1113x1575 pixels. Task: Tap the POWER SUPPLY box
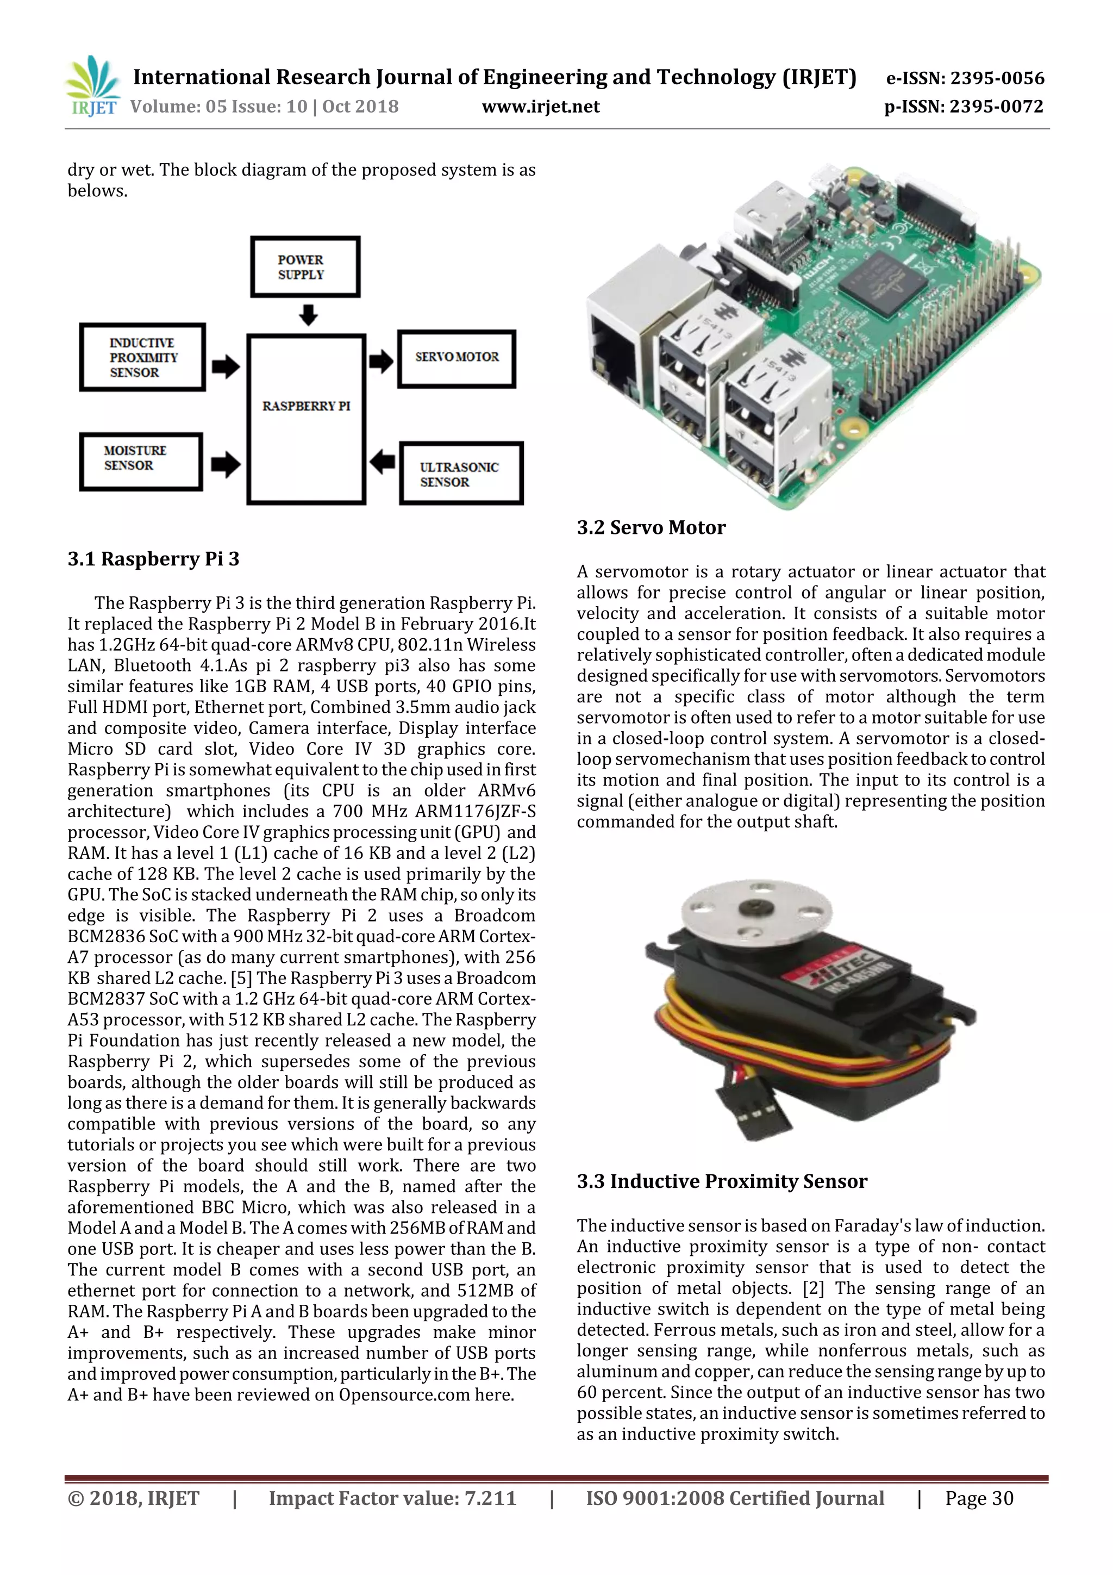pos(305,267)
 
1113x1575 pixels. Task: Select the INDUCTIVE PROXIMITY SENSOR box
pos(142,357)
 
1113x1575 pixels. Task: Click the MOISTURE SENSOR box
pos(141,461)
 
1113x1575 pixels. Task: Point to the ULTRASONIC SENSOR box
pos(461,474)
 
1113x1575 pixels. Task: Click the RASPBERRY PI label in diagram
pos(306,406)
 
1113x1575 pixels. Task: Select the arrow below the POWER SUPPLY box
pos(309,315)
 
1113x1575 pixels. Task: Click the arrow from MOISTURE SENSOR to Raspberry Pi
pos(226,464)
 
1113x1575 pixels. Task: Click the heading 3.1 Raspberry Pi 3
pos(154,559)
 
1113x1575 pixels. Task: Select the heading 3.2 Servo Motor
pos(651,527)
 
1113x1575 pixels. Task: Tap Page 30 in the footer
pos(979,1498)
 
